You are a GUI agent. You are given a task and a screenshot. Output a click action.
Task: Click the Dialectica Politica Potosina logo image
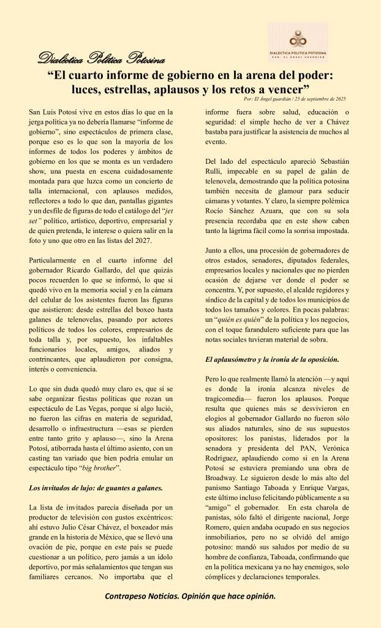pos(298,43)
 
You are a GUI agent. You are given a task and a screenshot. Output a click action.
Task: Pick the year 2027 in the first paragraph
pos(156,240)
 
